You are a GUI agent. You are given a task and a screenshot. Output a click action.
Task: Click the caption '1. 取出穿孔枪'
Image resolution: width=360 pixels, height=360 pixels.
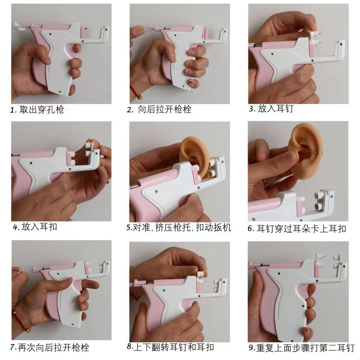click(37, 110)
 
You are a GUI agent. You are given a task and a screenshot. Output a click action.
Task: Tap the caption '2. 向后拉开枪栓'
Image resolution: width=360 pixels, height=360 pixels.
click(159, 109)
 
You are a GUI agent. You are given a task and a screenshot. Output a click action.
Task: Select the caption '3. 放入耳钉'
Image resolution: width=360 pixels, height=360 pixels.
click(271, 108)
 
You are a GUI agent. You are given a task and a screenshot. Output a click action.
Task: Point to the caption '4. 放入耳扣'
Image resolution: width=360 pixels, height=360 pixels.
click(35, 227)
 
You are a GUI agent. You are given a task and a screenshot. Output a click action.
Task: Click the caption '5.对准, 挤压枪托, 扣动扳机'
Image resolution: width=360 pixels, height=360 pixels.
click(179, 227)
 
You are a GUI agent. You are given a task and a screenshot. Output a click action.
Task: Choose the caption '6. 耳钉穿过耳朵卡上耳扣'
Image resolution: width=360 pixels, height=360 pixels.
click(297, 229)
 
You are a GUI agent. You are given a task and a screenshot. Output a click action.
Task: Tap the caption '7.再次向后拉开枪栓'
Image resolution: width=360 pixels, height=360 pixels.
click(50, 347)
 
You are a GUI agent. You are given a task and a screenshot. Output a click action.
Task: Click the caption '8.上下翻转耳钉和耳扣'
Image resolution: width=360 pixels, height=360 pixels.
click(170, 347)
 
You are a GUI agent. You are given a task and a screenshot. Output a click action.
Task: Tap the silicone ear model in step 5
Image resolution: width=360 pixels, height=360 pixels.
click(194, 156)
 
